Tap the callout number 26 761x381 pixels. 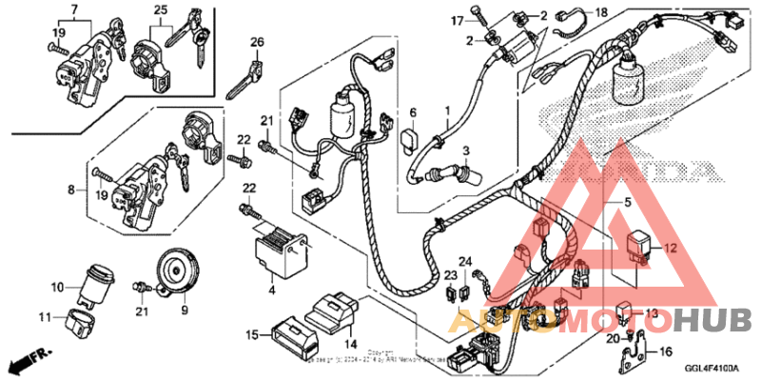(256, 41)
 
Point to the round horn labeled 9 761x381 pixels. (176, 271)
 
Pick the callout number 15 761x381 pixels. (251, 334)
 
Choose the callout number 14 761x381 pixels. (350, 343)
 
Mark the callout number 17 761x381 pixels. (482, 20)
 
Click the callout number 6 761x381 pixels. (413, 112)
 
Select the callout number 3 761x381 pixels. (466, 150)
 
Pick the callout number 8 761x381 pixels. (70, 190)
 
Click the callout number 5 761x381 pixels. (627, 203)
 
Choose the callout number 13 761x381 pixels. (652, 313)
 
